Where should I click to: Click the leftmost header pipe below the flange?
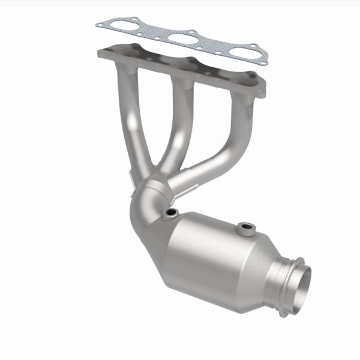tap(133, 120)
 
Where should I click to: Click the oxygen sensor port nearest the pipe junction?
tap(172, 213)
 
